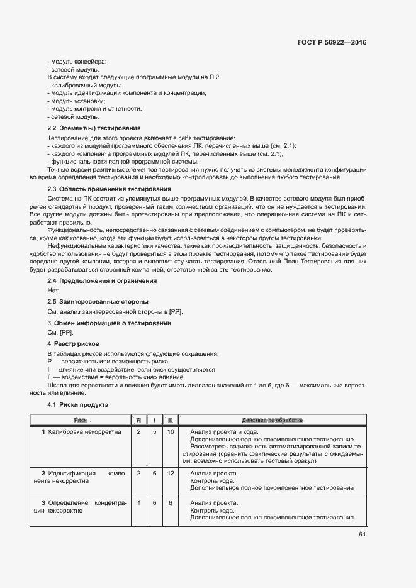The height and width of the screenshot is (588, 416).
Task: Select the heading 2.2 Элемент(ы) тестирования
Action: click(x=90, y=128)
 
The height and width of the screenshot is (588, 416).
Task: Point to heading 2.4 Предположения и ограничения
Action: click(x=102, y=280)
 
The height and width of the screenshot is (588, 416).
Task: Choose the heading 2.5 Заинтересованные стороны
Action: click(x=98, y=302)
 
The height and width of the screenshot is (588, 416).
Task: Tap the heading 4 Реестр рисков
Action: click(x=74, y=344)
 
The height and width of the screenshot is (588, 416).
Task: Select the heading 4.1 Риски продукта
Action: click(x=79, y=405)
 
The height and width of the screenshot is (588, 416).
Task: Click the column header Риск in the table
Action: click(x=81, y=419)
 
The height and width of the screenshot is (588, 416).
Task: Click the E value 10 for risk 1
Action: click(x=171, y=432)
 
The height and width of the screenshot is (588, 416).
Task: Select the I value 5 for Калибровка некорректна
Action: click(x=154, y=432)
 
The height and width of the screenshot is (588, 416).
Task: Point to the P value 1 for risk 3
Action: click(x=138, y=503)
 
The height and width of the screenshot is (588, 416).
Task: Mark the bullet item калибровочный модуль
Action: click(x=85, y=85)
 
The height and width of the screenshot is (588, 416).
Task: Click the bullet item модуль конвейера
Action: click(x=79, y=61)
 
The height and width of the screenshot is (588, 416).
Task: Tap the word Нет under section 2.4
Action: click(x=53, y=291)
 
